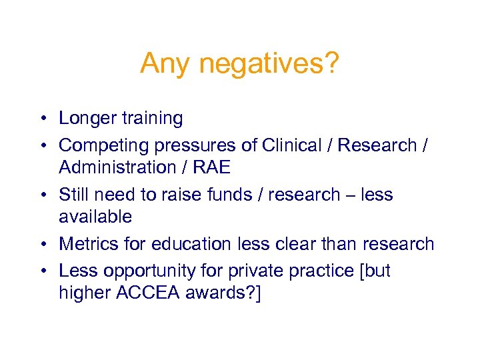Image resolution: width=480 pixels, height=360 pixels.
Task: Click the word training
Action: [x=152, y=119]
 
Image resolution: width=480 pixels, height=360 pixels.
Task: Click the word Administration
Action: [x=117, y=167]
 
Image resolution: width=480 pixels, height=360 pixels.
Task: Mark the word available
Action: [x=95, y=217]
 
